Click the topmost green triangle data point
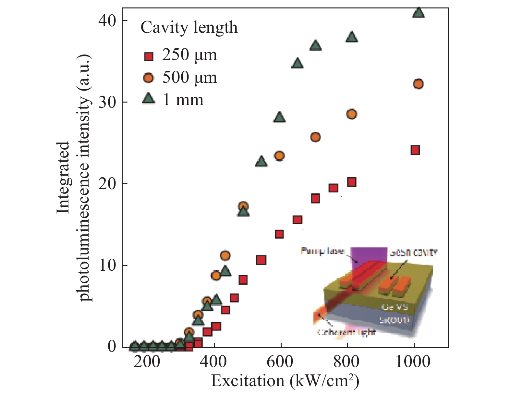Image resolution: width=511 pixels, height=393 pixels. pyautogui.click(x=419, y=12)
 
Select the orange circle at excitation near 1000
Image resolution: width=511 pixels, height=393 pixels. pyautogui.click(x=419, y=84)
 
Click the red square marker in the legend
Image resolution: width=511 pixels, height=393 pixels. pyautogui.click(x=148, y=57)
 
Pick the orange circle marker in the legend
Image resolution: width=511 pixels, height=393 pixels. pyautogui.click(x=148, y=78)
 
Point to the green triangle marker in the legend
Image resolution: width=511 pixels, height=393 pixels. pyautogui.click(x=149, y=98)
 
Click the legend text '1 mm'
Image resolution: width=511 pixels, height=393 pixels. pyautogui.click(x=183, y=99)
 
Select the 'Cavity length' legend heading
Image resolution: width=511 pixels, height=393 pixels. pyautogui.click(x=189, y=27)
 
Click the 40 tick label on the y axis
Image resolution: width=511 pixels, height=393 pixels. pyautogui.click(x=107, y=21)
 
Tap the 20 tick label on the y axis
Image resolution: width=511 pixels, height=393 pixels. pyautogui.click(x=107, y=184)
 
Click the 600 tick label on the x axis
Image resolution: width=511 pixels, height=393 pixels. pyautogui.click(x=280, y=362)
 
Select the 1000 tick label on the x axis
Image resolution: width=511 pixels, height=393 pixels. pyautogui.click(x=413, y=362)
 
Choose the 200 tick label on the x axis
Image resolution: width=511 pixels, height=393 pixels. pyautogui.click(x=147, y=362)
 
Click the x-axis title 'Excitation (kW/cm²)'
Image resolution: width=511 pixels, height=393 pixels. pyautogui.click(x=285, y=381)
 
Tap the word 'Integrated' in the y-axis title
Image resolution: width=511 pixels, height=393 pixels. pyautogui.click(x=64, y=178)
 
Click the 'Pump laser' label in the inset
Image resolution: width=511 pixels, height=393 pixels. pyautogui.click(x=322, y=251)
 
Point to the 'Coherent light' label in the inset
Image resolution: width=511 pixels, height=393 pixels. pyautogui.click(x=346, y=332)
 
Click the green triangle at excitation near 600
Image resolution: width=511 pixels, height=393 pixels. pyautogui.click(x=280, y=117)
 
